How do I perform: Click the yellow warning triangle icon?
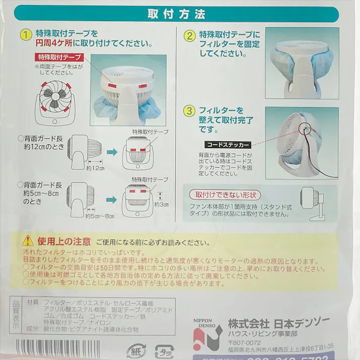tap(26, 241)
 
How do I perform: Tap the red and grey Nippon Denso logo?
tap(206, 335)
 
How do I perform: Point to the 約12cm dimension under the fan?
tap(94, 168)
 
